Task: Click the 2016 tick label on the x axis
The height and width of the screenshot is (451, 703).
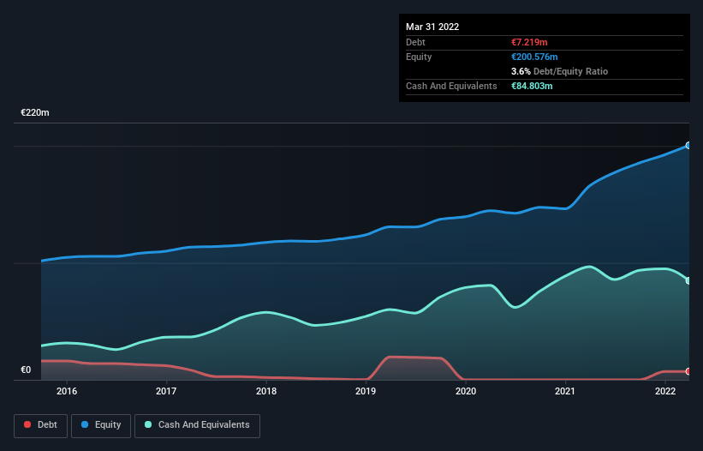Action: click(67, 392)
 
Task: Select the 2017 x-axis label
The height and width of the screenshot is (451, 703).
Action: click(166, 392)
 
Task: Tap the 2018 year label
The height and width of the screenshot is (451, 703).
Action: click(266, 392)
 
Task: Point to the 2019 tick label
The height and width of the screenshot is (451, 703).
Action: click(366, 392)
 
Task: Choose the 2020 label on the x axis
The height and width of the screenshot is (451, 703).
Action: click(466, 392)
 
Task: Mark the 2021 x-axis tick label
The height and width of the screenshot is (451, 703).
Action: click(565, 392)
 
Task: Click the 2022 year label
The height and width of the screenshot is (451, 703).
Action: click(665, 392)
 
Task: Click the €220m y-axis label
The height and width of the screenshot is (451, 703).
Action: click(36, 113)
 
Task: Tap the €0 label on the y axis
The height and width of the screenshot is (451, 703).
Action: click(26, 370)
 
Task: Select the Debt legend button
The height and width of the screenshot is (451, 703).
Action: click(41, 425)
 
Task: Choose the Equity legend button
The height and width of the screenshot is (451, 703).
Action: click(102, 425)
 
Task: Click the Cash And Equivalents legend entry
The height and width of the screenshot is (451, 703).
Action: click(197, 425)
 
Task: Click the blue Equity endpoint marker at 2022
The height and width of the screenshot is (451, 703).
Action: click(688, 146)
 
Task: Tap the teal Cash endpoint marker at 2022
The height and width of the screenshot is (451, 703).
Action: click(688, 280)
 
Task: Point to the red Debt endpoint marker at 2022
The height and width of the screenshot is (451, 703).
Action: click(688, 371)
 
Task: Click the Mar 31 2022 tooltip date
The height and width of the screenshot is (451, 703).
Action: click(432, 27)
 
